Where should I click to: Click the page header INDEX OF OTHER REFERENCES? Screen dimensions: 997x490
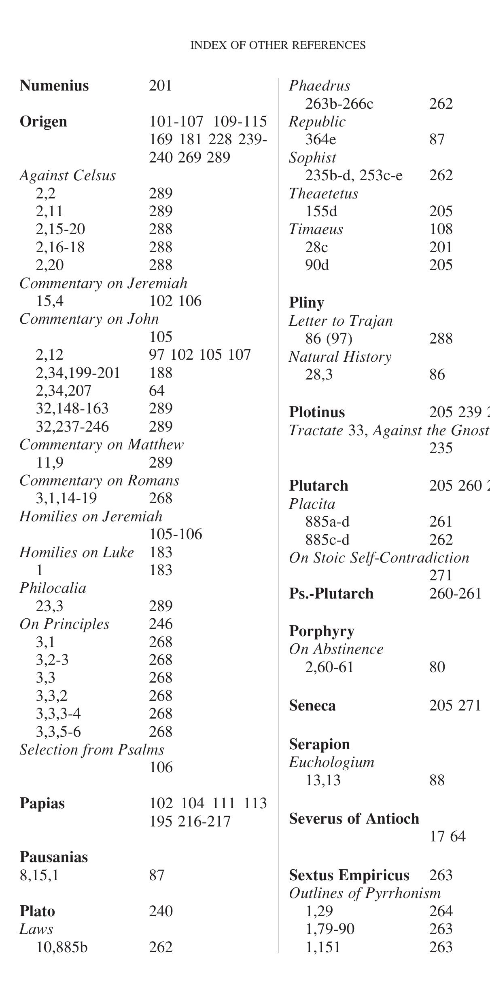(x=278, y=45)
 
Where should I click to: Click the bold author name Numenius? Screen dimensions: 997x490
(x=54, y=86)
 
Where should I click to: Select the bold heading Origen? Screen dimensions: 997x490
(x=43, y=122)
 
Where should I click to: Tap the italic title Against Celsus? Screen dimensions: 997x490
(x=68, y=175)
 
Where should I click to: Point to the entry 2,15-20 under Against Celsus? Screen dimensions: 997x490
(x=60, y=229)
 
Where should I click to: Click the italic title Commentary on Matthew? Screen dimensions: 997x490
(x=102, y=445)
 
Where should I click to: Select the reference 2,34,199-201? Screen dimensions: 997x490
(x=78, y=373)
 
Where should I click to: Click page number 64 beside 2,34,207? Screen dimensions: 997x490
(x=157, y=391)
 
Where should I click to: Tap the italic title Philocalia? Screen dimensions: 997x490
(x=53, y=588)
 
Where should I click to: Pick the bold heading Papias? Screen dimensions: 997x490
(x=42, y=803)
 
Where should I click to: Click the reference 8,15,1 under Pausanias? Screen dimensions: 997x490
(x=39, y=875)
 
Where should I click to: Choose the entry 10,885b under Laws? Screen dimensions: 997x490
(x=62, y=947)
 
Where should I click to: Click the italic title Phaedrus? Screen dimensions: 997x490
(x=319, y=86)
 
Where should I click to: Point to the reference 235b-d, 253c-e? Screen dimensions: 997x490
(x=354, y=175)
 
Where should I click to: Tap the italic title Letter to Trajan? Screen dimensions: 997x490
(x=341, y=321)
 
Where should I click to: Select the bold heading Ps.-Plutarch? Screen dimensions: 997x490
(x=331, y=594)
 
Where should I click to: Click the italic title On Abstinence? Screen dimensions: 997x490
(x=336, y=649)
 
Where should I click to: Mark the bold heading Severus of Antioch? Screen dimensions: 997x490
(x=354, y=819)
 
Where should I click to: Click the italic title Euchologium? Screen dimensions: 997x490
(x=331, y=762)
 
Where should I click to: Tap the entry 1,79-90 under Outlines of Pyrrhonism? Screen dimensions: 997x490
(x=330, y=929)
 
